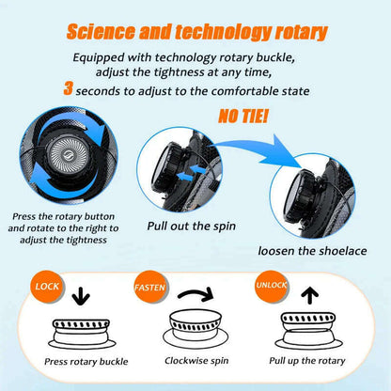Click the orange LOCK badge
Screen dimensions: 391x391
coord(47,287)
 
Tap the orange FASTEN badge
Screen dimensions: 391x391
coord(150,287)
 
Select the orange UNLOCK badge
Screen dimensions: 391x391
coord(271,286)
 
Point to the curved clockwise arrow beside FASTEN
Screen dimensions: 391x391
coord(195,292)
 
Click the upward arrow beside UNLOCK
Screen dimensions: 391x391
coord(309,295)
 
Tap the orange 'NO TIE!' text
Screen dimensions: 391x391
coord(242,116)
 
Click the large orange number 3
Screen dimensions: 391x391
coord(68,88)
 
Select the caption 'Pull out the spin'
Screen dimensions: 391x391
coord(192,227)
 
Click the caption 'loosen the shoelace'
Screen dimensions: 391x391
coord(312,251)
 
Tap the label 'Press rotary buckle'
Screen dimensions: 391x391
coord(86,362)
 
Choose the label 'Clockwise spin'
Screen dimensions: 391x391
coord(196,361)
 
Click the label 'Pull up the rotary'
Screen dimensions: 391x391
coord(307,361)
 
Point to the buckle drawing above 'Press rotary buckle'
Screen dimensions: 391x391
coord(82,334)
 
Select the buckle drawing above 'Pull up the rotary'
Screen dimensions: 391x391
coord(309,331)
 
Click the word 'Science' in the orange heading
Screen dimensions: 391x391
coord(101,32)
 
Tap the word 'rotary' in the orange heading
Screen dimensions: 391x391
coord(302,33)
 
